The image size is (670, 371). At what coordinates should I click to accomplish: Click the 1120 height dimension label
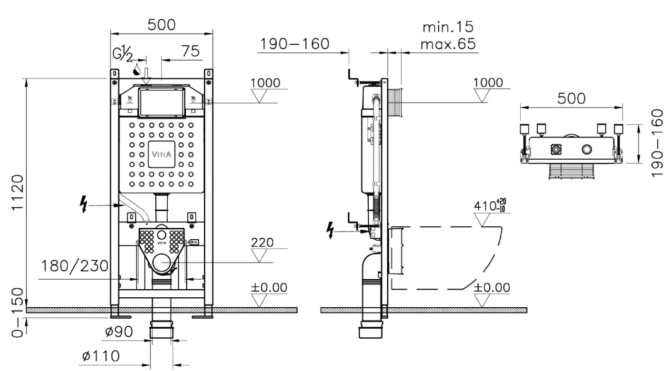pyautogui.click(x=18, y=193)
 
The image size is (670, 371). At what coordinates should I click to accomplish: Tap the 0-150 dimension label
pyautogui.click(x=18, y=312)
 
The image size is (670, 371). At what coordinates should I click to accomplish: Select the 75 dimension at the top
pyautogui.click(x=191, y=51)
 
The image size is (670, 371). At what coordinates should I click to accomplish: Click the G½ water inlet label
pyautogui.click(x=123, y=55)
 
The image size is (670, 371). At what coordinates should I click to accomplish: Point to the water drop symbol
pyautogui.click(x=137, y=70)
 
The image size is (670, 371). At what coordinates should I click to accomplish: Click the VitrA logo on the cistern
pyautogui.click(x=162, y=155)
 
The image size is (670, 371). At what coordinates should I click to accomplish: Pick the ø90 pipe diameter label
pyautogui.click(x=119, y=332)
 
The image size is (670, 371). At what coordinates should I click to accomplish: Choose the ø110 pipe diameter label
pyautogui.click(x=101, y=356)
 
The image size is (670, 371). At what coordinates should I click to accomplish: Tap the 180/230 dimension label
pyautogui.click(x=75, y=266)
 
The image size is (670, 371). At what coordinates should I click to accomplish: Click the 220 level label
pyautogui.click(x=262, y=242)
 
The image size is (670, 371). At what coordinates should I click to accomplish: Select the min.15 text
pyautogui.click(x=448, y=27)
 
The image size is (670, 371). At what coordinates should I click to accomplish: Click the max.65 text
pyautogui.click(x=448, y=44)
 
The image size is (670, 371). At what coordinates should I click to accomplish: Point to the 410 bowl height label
pyautogui.click(x=490, y=205)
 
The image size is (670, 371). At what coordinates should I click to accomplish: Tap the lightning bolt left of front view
pyautogui.click(x=84, y=204)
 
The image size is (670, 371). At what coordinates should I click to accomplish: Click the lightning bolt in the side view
pyautogui.click(x=331, y=230)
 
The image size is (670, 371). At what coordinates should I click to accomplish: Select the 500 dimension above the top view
pyautogui.click(x=571, y=98)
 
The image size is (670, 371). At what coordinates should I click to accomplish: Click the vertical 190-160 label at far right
pyautogui.click(x=657, y=143)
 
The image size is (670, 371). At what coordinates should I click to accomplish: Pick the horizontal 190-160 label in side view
pyautogui.click(x=295, y=44)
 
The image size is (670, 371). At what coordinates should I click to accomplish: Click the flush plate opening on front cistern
pyautogui.click(x=162, y=102)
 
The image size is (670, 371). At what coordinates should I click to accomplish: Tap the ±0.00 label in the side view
pyautogui.click(x=492, y=287)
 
